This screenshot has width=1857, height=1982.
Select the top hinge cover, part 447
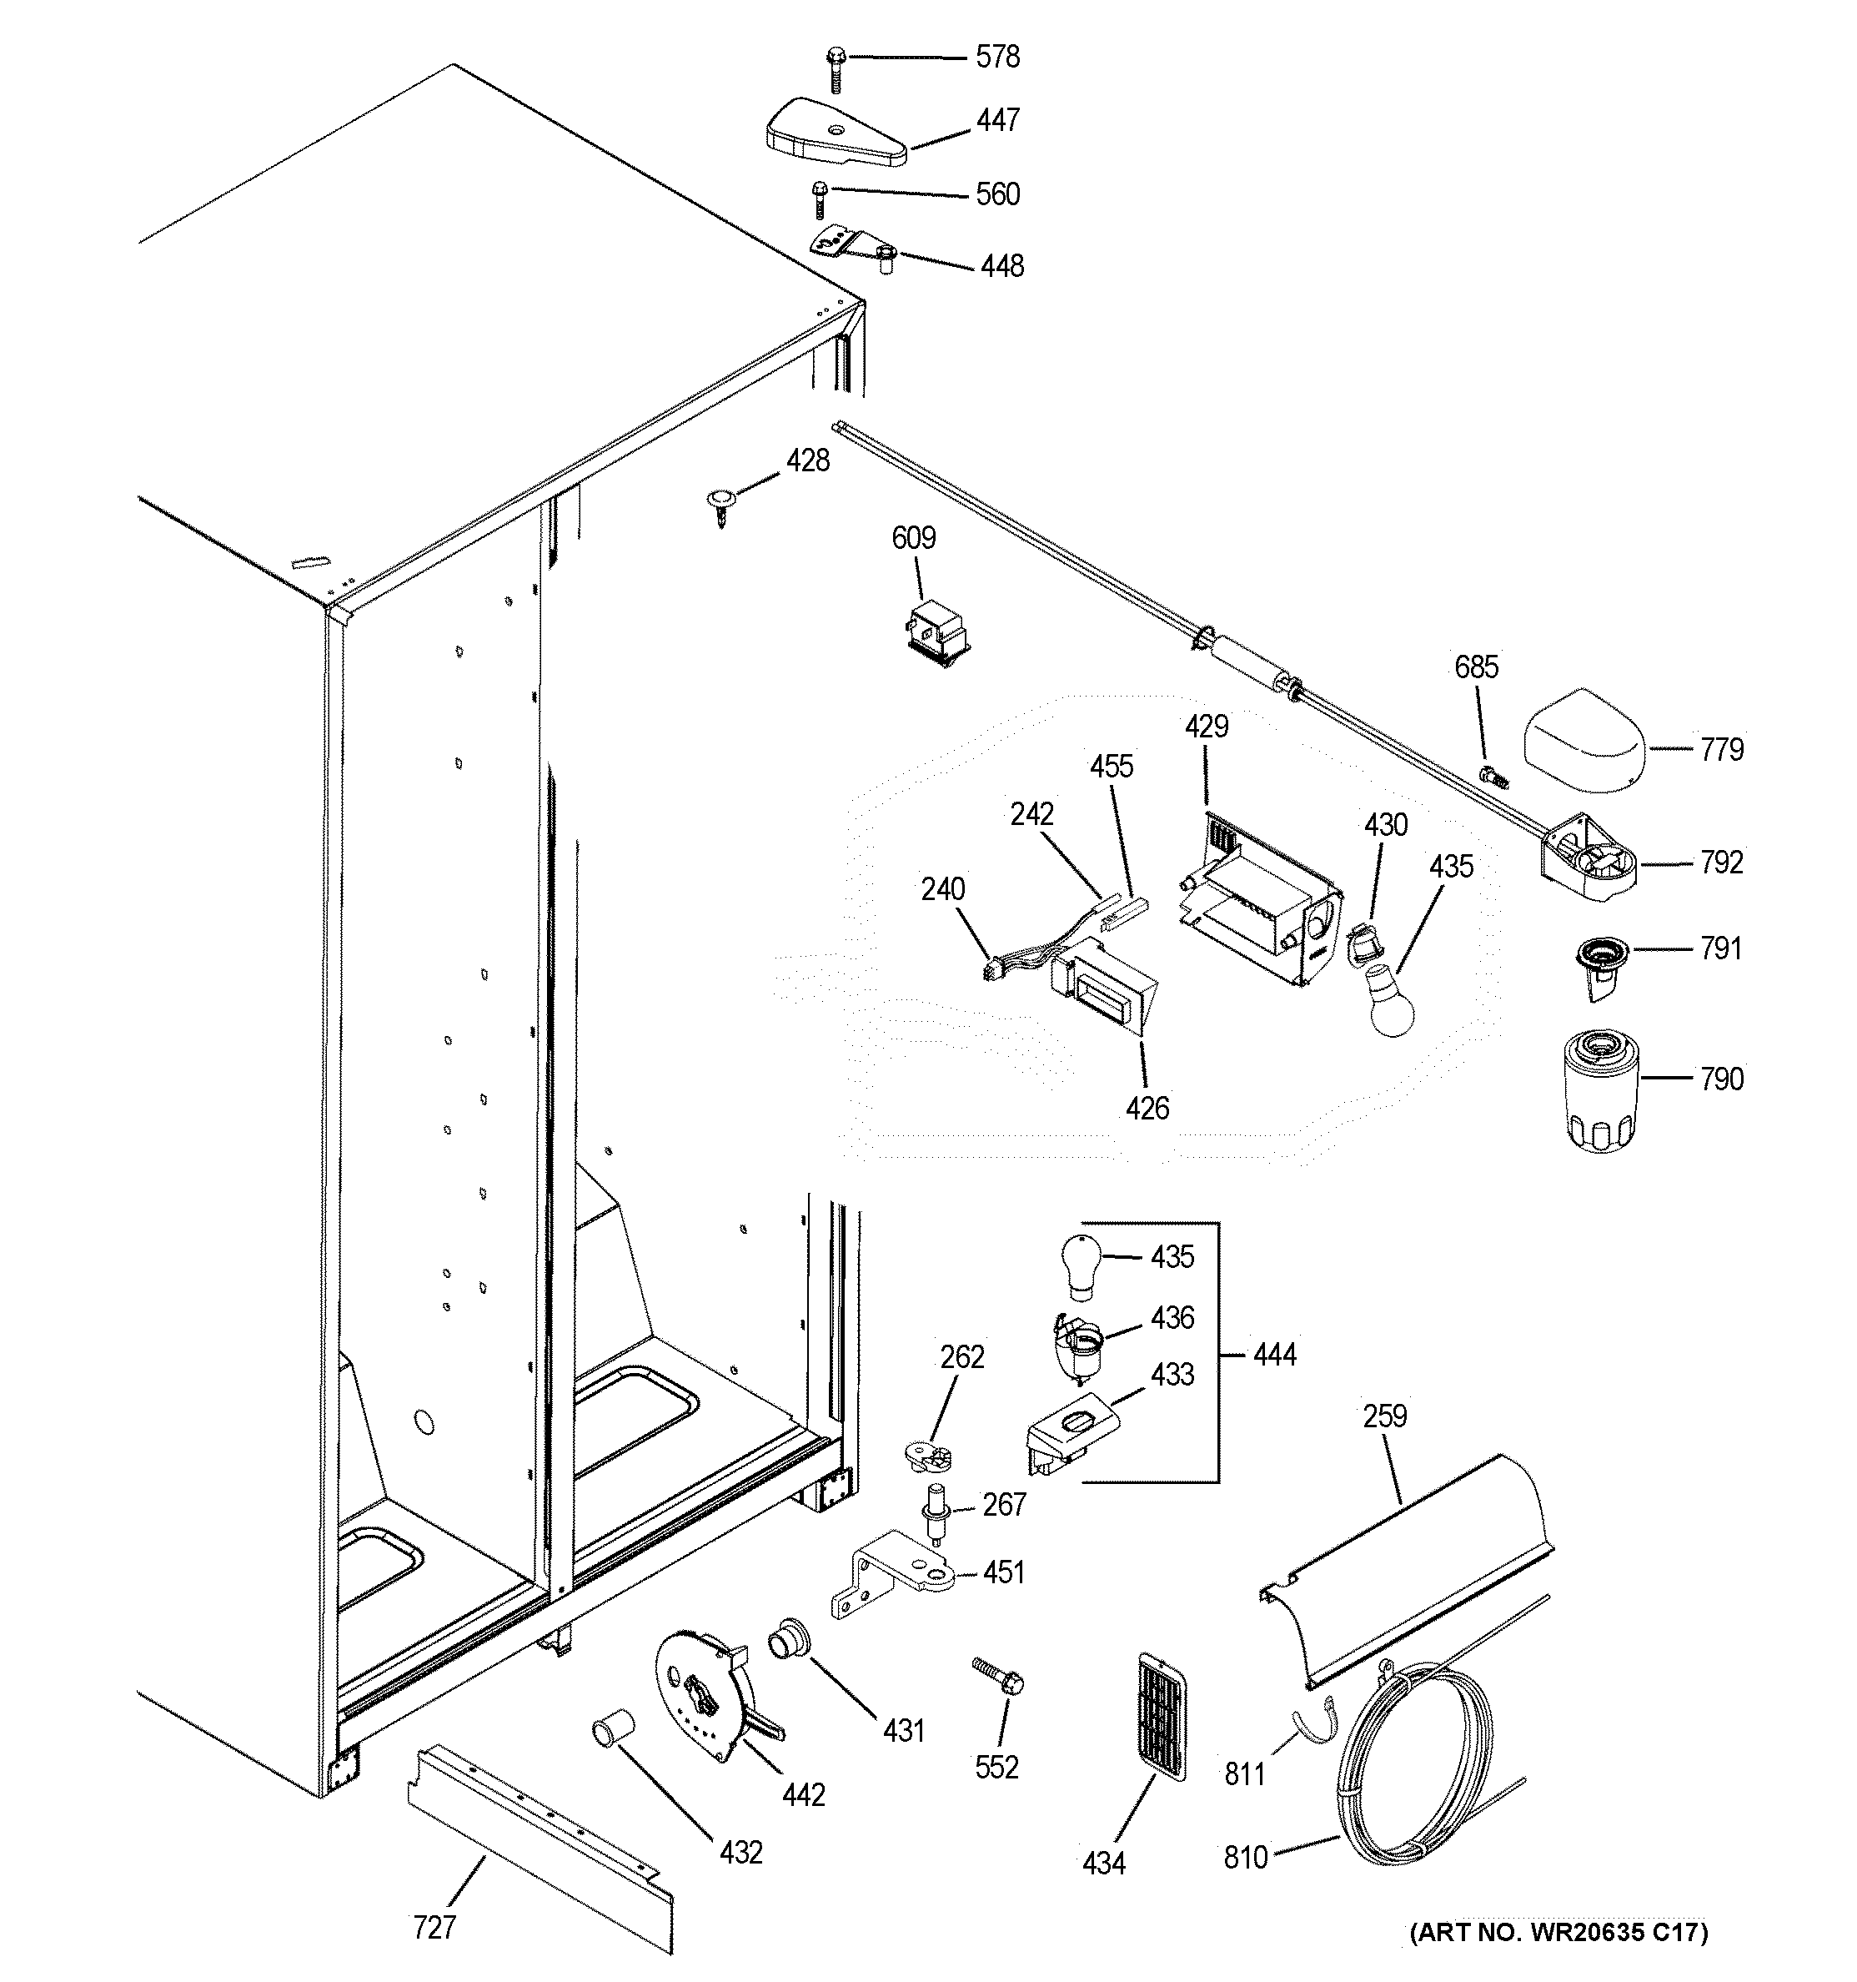tap(836, 133)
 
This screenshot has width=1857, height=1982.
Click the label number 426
tap(1147, 1108)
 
